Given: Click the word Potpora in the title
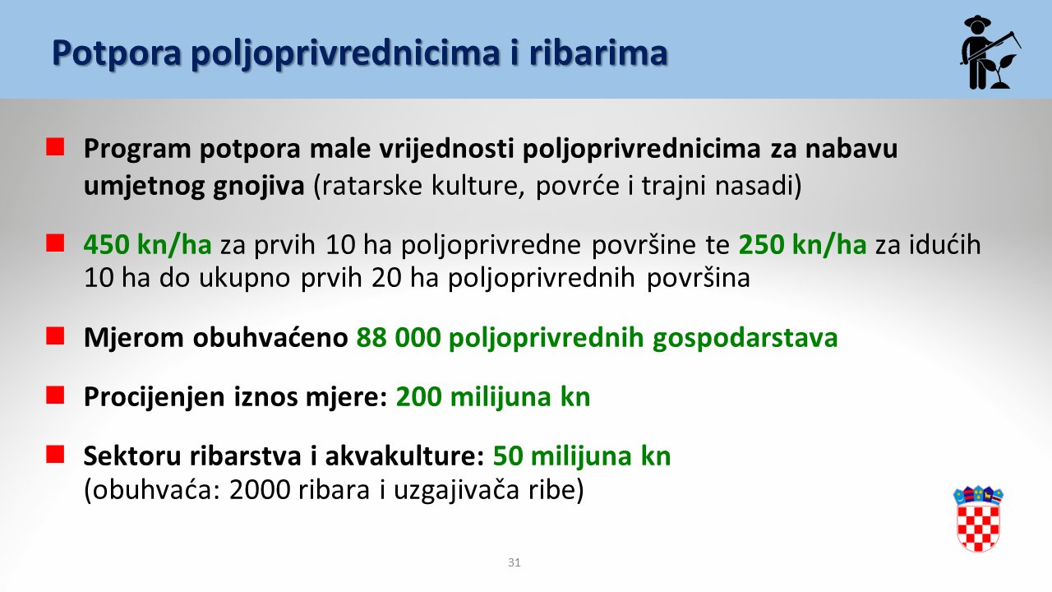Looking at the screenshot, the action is coord(117,53).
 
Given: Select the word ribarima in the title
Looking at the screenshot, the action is coord(598,52).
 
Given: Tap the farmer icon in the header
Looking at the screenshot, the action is coord(990,52).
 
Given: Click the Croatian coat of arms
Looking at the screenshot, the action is coord(978,519).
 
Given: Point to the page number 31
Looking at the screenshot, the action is coord(514,562).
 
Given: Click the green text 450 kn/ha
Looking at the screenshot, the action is coord(147,245).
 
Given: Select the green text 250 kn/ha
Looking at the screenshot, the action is coord(803,245).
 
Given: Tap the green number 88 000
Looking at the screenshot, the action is coord(399,337).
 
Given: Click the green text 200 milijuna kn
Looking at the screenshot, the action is coord(493,396).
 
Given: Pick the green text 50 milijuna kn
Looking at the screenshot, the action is coord(582,456).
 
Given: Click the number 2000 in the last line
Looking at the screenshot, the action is coord(258,490).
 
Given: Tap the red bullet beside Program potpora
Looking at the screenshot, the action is coord(55,146).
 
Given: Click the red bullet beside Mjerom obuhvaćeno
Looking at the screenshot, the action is coord(55,336).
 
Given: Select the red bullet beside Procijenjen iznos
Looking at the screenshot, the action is coord(55,395).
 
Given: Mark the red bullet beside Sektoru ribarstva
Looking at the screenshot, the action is coord(55,455).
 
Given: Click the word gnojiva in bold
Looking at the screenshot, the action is coord(259,186).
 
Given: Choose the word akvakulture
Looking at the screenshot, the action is coord(405,456).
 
